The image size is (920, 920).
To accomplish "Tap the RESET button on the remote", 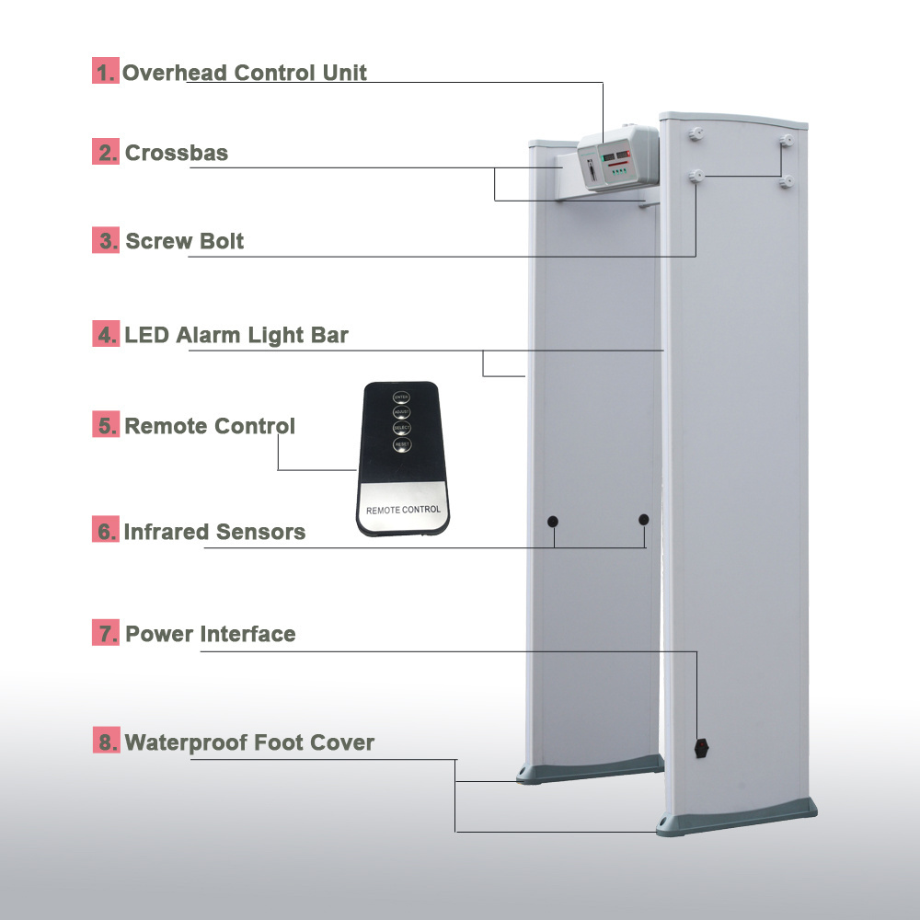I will point(401,445).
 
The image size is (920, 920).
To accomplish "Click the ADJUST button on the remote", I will point(401,413).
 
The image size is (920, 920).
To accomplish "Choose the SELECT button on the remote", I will point(401,430).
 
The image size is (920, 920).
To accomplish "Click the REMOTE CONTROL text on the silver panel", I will point(403,510).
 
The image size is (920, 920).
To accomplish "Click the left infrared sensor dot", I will point(553,522).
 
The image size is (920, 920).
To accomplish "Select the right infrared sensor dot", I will point(643,520).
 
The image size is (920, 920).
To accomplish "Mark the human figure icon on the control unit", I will point(589,169).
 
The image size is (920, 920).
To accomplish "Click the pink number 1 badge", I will point(106,72).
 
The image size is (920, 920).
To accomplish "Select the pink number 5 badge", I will point(106,426).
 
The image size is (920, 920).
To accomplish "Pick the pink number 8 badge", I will point(106,742).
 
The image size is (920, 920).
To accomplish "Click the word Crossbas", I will point(177,153).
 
